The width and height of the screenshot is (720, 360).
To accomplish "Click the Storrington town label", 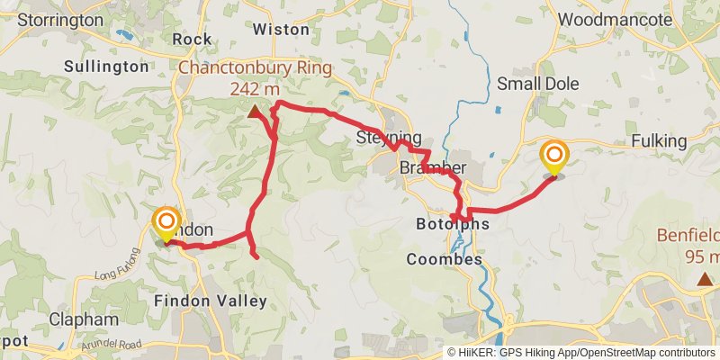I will coord(59,19).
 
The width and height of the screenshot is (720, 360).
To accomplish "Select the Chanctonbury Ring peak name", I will coord(255,67).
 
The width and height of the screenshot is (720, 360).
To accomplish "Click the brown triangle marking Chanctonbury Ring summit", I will coord(255,112).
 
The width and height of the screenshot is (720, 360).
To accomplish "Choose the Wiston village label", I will coord(281,29).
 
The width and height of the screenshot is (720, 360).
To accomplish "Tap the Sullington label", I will coord(106,66).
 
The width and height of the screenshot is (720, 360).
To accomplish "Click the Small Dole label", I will coord(538,84).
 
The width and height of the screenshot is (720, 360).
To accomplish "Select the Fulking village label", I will coord(659,141).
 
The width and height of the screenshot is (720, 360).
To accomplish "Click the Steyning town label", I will coord(388,138).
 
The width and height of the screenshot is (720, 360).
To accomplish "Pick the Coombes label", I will coord(444,259).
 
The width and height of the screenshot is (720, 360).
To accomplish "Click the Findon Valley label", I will coord(211,300).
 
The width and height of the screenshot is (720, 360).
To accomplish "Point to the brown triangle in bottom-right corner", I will coord(705,280).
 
